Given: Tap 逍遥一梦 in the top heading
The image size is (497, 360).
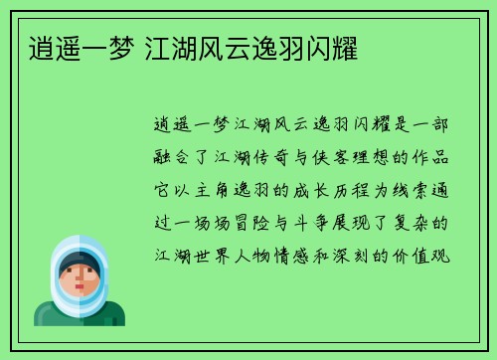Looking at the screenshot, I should pyautogui.click(x=71, y=46).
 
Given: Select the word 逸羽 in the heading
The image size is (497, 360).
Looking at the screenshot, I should pyautogui.click(x=273, y=46).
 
